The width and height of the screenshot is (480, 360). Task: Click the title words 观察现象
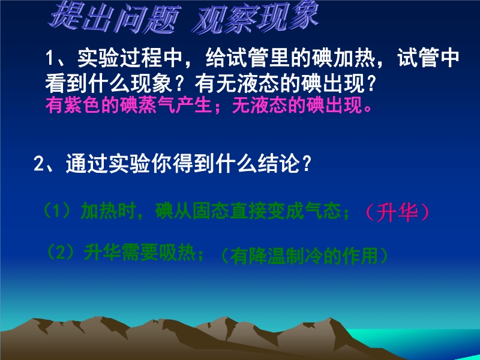256,17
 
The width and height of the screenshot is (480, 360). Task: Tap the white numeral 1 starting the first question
50,58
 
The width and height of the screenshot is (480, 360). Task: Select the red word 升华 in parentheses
397,212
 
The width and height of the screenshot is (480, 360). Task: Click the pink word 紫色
82,106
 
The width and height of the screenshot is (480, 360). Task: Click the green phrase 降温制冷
286,256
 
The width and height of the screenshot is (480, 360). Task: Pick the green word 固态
211,211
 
